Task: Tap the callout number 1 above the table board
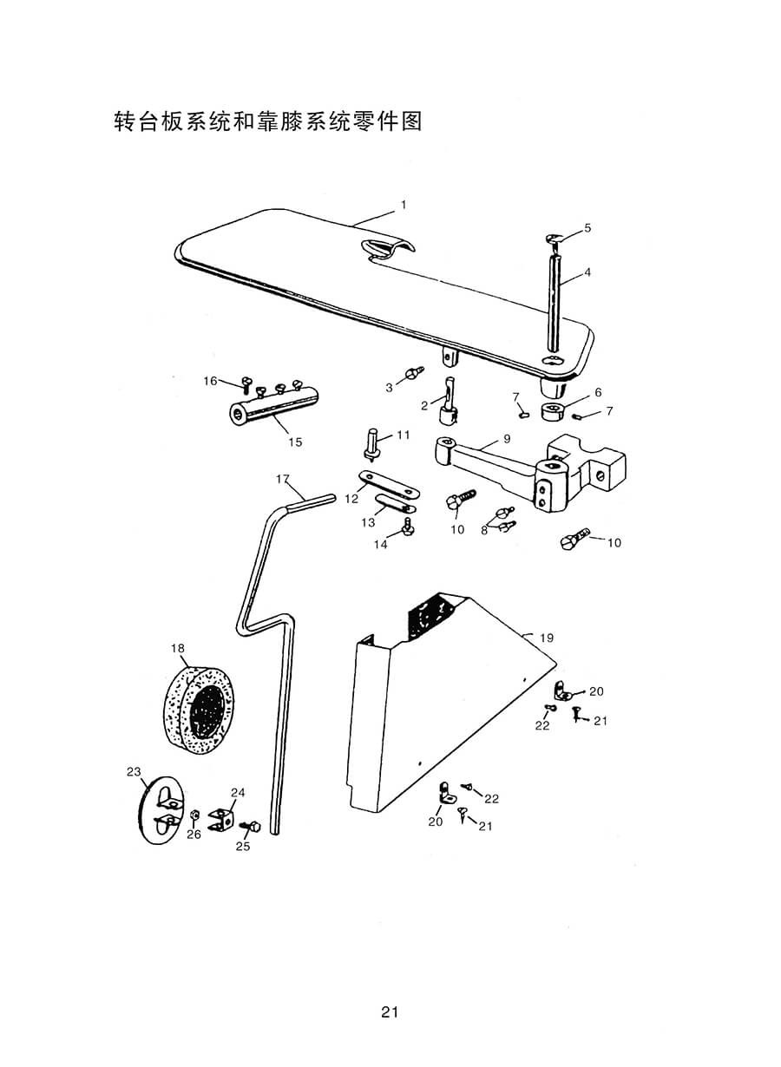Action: click(x=404, y=205)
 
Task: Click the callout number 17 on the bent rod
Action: click(x=283, y=479)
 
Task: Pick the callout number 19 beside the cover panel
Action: click(x=547, y=638)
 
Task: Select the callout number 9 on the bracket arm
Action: click(x=507, y=438)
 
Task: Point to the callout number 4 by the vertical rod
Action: click(x=587, y=272)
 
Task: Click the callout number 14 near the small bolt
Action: click(x=380, y=545)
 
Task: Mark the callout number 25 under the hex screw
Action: click(x=243, y=846)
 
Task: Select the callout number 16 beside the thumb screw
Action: click(x=210, y=381)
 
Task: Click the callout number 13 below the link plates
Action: click(x=368, y=522)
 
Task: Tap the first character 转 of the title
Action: click(x=124, y=121)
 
